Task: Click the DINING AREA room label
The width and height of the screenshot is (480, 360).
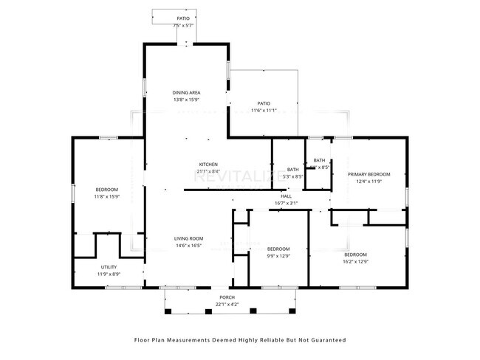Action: [186, 92]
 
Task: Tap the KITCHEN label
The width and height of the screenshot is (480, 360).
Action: [208, 164]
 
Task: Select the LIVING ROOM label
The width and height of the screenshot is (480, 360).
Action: [188, 238]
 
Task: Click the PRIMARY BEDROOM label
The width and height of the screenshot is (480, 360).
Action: [368, 174]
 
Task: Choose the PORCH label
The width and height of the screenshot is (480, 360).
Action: [226, 297]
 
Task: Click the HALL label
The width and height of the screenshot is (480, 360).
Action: [286, 195]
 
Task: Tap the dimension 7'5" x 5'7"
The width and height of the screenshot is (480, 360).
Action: [182, 26]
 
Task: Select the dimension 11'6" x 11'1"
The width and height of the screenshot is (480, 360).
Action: [264, 111]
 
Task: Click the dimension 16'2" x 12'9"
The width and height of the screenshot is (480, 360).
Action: [355, 261]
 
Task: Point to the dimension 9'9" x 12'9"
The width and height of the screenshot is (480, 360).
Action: [278, 256]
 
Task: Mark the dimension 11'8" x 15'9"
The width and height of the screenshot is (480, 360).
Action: [106, 197]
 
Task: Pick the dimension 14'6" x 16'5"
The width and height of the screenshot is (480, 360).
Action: [188, 246]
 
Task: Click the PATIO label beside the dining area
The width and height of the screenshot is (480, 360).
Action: [264, 103]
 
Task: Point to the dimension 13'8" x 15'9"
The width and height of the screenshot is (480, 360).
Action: [186, 100]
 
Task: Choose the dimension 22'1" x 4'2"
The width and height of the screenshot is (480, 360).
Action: [226, 304]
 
